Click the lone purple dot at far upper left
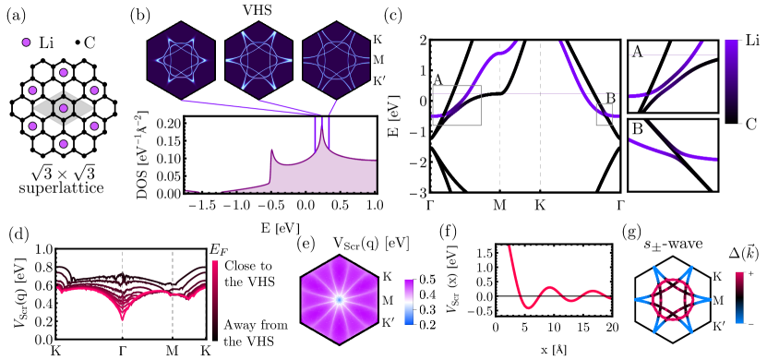coord(26,42)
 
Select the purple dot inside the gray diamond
coord(63,109)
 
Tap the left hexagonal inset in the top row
coord(181,60)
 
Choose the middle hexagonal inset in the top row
coord(258,60)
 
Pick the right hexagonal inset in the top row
coord(336,60)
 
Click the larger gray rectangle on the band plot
coord(457,105)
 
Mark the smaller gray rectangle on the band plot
coord(604,114)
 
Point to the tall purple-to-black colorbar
coord(732,81)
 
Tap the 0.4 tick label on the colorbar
coord(427,294)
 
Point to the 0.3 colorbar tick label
coord(427,309)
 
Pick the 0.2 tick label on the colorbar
coord(427,325)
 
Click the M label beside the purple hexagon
coord(387,300)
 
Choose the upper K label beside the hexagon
coord(387,277)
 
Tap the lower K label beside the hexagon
coord(387,324)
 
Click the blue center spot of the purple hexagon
coord(340,300)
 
